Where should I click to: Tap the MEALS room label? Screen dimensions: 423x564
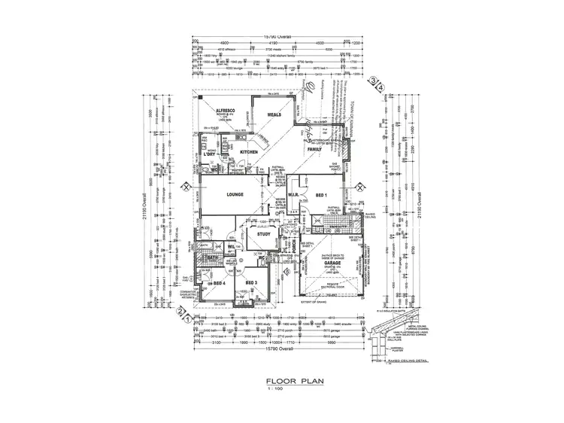pos(274,115)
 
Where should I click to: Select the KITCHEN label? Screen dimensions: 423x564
pos(249,153)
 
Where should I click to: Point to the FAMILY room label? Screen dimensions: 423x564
pos(314,150)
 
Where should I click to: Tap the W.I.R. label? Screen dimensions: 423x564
pos(294,194)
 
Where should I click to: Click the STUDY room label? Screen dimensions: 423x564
pos(263,234)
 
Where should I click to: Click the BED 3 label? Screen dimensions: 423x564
pos(252,282)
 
